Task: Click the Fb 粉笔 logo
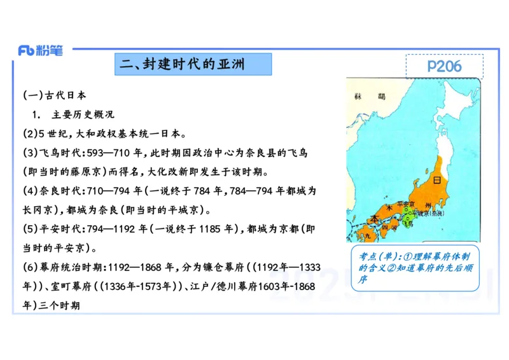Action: pyautogui.click(x=41, y=51)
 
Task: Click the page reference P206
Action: pyautogui.click(x=444, y=66)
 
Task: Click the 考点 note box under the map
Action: pyautogui.click(x=415, y=268)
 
